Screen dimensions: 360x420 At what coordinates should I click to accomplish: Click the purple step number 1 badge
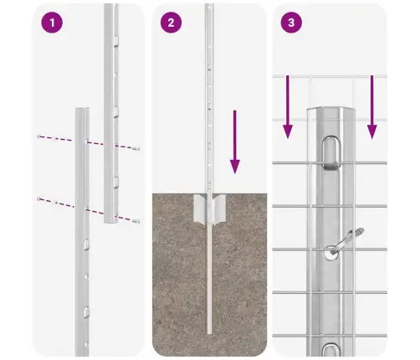(x=52, y=23)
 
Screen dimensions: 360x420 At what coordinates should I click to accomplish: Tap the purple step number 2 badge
(x=172, y=23)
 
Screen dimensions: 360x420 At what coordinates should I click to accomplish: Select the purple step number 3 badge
(x=290, y=23)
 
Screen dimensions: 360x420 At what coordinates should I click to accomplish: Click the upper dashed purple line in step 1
(x=88, y=141)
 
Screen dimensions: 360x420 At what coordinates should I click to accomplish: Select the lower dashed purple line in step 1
(x=88, y=209)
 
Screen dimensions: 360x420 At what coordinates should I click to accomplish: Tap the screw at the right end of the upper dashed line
(x=136, y=148)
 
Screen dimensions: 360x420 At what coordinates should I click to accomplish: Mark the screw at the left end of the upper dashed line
(x=38, y=135)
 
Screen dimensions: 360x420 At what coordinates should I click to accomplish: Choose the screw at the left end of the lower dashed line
(x=38, y=198)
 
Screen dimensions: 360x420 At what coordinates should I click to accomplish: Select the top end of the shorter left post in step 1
(x=80, y=110)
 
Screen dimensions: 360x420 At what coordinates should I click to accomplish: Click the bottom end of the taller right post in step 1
(x=111, y=221)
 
